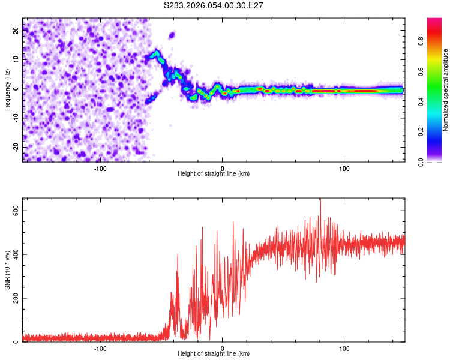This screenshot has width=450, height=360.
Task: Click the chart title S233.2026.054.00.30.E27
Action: click(x=214, y=5)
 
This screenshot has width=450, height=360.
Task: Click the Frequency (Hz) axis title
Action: click(x=8, y=89)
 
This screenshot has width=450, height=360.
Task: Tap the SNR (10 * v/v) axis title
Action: click(x=8, y=269)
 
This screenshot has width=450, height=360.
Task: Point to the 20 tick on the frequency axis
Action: click(x=16, y=31)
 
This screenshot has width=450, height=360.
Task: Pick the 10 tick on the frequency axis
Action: click(x=16, y=59)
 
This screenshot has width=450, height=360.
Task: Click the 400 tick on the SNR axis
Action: click(x=16, y=254)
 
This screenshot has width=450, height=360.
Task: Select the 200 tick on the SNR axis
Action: click(x=16, y=298)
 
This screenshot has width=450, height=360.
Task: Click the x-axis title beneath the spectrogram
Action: click(x=214, y=173)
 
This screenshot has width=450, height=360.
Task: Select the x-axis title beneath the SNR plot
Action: click(x=214, y=354)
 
